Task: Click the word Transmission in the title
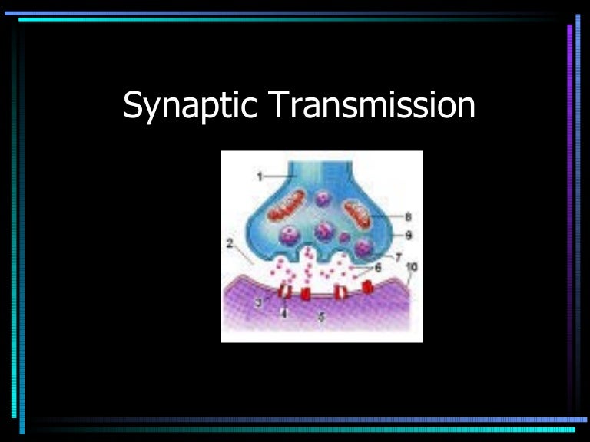372,106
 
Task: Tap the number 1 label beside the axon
260,176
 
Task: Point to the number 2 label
229,243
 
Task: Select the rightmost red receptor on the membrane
368,287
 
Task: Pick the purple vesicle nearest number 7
364,247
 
